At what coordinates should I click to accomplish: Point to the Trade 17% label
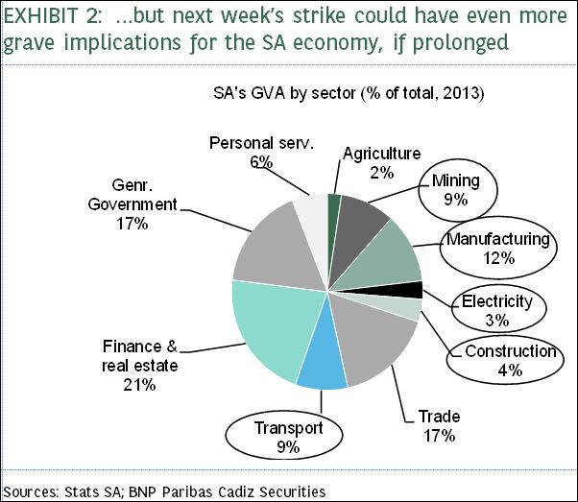(x=439, y=425)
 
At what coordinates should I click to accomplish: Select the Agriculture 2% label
(x=381, y=162)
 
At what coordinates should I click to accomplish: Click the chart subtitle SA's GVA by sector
(x=348, y=95)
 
